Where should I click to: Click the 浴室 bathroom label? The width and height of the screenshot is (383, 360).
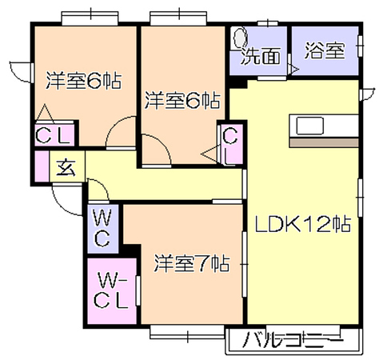(325, 50)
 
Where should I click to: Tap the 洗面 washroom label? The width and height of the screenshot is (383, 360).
(261, 56)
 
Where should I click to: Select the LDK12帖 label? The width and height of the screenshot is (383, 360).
(303, 224)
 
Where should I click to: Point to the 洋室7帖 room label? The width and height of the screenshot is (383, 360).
(192, 264)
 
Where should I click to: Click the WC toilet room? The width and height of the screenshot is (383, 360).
(103, 229)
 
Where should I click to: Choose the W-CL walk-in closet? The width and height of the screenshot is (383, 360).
(112, 291)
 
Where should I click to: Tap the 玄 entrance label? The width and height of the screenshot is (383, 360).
(66, 167)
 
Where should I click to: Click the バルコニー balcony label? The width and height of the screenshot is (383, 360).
(293, 340)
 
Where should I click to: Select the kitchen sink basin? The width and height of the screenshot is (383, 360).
(310, 126)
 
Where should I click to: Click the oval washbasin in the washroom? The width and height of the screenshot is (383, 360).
(241, 38)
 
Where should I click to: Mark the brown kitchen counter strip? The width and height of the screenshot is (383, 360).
(324, 142)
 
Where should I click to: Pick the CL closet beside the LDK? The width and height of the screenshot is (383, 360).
(231, 144)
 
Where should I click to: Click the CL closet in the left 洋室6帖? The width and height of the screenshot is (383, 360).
(54, 134)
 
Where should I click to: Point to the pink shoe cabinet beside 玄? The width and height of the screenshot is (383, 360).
(42, 166)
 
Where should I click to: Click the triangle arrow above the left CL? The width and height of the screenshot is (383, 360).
(45, 113)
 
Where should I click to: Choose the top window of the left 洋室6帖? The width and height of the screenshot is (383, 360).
(90, 18)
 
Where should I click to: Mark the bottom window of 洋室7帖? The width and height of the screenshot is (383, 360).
(187, 333)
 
